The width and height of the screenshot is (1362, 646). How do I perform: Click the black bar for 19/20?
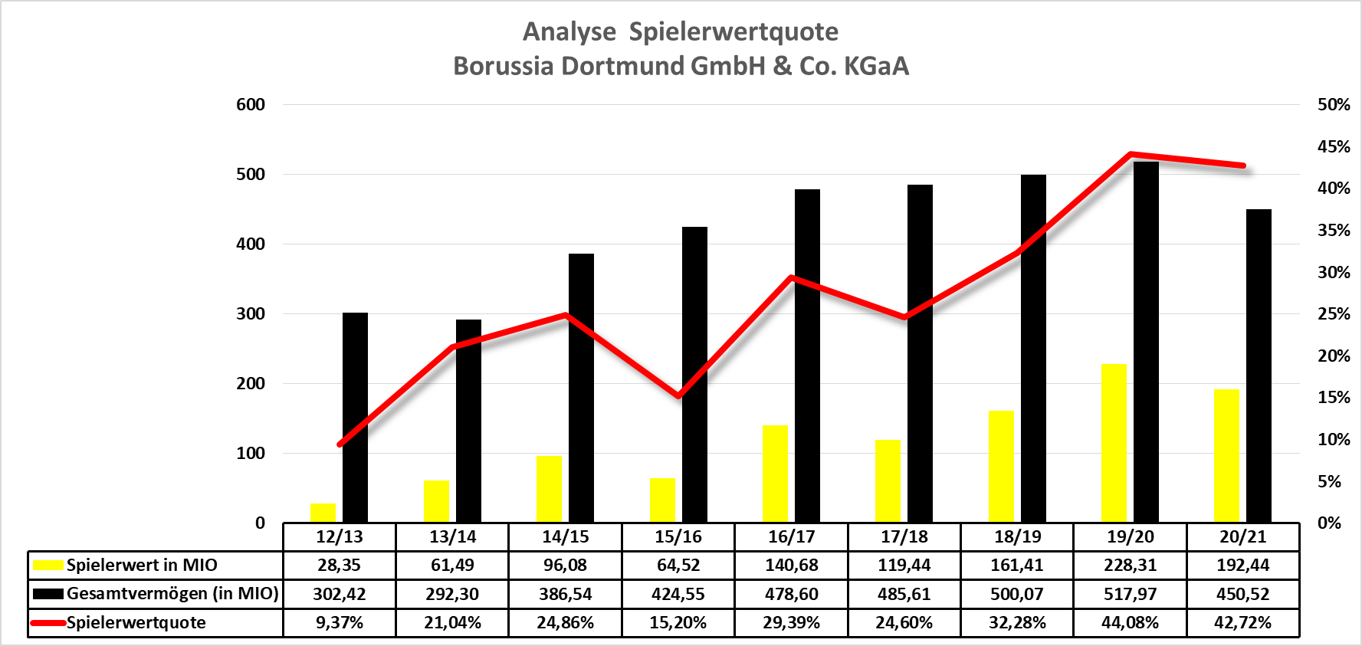(1146, 345)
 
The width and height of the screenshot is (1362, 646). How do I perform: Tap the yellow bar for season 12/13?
(323, 513)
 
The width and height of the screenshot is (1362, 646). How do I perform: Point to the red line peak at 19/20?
(1131, 155)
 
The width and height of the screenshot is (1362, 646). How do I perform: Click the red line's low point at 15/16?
(678, 396)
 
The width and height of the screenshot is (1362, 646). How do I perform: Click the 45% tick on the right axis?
(1333, 146)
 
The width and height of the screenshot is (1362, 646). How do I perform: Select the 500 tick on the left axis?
(251, 174)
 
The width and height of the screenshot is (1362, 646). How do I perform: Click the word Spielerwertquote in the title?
(734, 31)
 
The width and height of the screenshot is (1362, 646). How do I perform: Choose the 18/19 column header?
(1017, 536)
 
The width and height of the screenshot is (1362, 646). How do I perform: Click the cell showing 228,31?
(1130, 566)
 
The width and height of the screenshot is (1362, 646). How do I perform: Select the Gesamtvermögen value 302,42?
(340, 594)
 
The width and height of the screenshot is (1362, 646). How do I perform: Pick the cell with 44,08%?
(1130, 622)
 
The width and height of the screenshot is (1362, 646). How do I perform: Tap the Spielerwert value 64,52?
(678, 566)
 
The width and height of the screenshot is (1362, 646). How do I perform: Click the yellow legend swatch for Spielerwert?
(48, 566)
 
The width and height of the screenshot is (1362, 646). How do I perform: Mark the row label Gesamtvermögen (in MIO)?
(172, 594)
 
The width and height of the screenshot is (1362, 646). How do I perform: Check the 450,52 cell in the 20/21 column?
(1242, 594)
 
